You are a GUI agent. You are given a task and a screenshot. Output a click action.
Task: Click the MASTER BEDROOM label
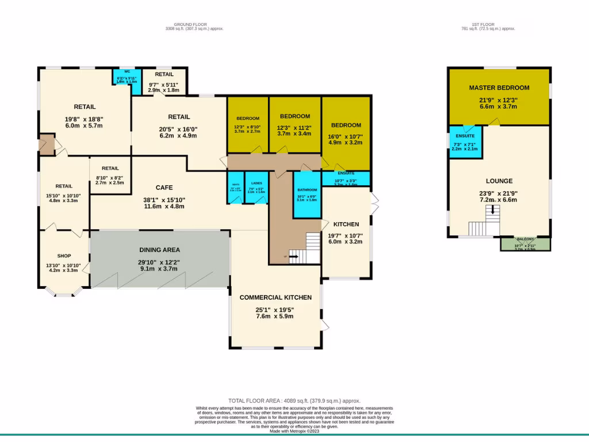click(x=499, y=87)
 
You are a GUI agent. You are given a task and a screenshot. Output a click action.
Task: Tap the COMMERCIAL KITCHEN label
click(x=276, y=298)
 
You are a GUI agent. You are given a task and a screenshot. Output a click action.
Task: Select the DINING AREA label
click(x=159, y=250)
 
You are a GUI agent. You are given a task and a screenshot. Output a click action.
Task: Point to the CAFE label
click(x=164, y=188)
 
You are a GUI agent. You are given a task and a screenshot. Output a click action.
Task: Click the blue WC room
click(x=127, y=78)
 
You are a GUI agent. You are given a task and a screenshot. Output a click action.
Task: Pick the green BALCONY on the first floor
click(x=525, y=244)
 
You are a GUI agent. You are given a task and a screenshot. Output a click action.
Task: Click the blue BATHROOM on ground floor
click(x=307, y=195)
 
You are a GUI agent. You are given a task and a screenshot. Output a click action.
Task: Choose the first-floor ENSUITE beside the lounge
click(x=465, y=142)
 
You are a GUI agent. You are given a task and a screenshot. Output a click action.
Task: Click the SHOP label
click(x=64, y=256)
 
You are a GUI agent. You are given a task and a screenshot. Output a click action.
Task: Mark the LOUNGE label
click(x=499, y=181)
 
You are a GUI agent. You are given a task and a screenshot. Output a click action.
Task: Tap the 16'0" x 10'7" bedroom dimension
click(x=346, y=136)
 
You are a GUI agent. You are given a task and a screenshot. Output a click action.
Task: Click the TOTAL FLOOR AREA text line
click(x=294, y=401)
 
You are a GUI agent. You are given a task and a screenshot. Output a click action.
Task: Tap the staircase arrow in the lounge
click(x=492, y=211)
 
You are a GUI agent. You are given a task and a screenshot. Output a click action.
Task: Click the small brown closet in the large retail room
click(x=47, y=144)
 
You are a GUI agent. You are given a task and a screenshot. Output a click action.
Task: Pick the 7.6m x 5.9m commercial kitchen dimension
click(x=276, y=316)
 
